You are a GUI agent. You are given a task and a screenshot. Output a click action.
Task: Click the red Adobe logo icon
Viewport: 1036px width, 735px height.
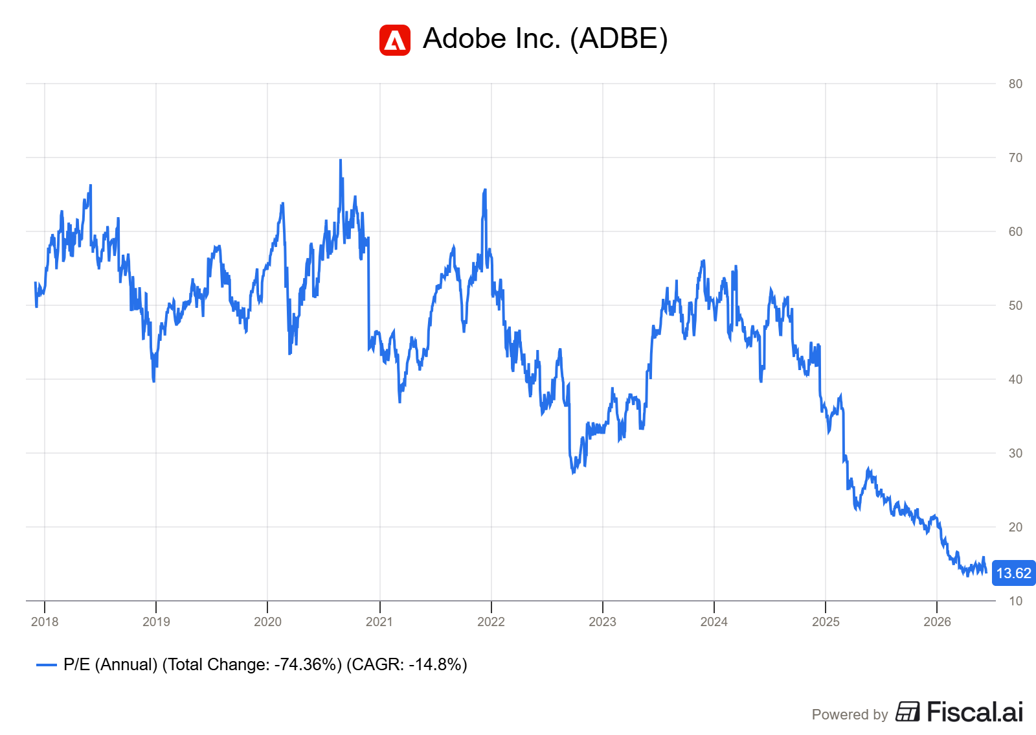[394, 40]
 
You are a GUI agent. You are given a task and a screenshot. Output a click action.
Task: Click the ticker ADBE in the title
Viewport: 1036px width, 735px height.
[619, 38]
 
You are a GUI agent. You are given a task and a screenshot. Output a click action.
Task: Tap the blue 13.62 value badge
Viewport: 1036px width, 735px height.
[1013, 573]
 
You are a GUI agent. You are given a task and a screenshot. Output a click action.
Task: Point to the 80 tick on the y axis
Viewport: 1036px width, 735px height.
[1015, 84]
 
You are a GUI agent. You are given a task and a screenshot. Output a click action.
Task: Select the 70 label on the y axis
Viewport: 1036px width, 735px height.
[1015, 158]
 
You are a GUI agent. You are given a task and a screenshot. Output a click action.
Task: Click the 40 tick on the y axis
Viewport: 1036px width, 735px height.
[1015, 380]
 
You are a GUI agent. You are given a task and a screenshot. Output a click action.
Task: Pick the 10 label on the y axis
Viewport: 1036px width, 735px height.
[1015, 601]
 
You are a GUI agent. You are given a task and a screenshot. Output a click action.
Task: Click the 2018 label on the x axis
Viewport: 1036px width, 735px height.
[45, 622]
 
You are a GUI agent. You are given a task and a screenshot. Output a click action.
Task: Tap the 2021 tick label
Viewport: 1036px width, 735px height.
[379, 622]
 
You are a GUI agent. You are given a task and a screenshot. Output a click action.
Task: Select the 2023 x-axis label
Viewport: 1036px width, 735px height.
[602, 622]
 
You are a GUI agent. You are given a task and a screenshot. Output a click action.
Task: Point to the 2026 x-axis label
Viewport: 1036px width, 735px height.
[937, 622]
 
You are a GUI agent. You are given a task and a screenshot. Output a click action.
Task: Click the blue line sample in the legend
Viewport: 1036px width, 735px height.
[46, 665]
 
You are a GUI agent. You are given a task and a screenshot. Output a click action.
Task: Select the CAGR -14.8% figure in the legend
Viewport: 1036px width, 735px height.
[407, 664]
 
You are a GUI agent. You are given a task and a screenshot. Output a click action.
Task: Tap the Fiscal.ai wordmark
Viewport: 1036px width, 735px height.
[975, 712]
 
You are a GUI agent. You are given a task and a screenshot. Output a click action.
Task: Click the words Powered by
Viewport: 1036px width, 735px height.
[850, 714]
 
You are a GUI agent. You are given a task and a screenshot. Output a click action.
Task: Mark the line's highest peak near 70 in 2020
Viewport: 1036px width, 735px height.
[341, 160]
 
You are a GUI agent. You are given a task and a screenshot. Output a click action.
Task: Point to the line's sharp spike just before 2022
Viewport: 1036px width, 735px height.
[485, 190]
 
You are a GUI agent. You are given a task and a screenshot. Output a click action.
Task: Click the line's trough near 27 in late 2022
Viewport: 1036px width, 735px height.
[574, 472]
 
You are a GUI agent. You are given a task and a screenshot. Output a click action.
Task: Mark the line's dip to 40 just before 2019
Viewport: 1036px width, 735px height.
[153, 380]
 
